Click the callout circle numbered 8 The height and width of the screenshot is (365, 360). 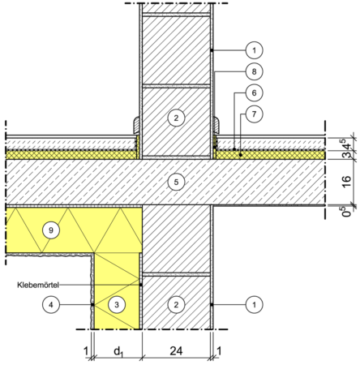tap(254, 71)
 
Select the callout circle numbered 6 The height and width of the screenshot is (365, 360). tap(254, 93)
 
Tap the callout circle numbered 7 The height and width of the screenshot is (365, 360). tap(254, 114)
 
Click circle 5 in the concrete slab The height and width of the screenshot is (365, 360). tap(176, 182)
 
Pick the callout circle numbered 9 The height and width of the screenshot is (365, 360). tap(51, 230)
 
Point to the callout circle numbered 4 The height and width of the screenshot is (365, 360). tap(51, 305)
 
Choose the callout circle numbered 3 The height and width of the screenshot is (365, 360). tap(117, 305)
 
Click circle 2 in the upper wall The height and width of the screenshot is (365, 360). tap(176, 118)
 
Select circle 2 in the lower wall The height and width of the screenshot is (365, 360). tap(176, 305)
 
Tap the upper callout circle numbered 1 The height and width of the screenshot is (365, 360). tap(254, 50)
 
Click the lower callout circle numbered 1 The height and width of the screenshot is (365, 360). tap(254, 305)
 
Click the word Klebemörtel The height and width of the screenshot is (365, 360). tap(38, 285)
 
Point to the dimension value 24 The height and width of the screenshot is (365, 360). tap(176, 351)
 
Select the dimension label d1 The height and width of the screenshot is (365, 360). tap(118, 352)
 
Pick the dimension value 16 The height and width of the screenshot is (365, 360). tap(347, 182)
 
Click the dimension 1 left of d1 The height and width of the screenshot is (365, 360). tap(86, 351)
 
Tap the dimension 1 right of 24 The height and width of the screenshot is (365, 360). tap(219, 351)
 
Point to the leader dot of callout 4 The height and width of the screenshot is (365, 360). tap(92, 305)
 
